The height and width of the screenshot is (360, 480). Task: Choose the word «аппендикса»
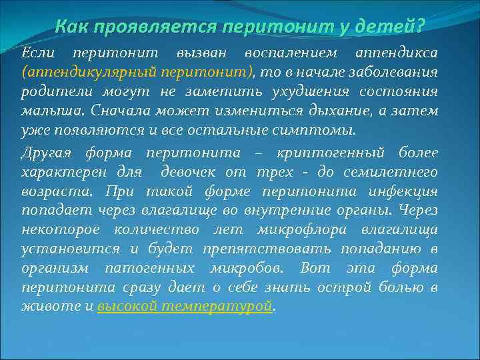pyautogui.click(x=396, y=52)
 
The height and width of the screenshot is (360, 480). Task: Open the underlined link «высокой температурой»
pyautogui.click(x=185, y=307)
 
